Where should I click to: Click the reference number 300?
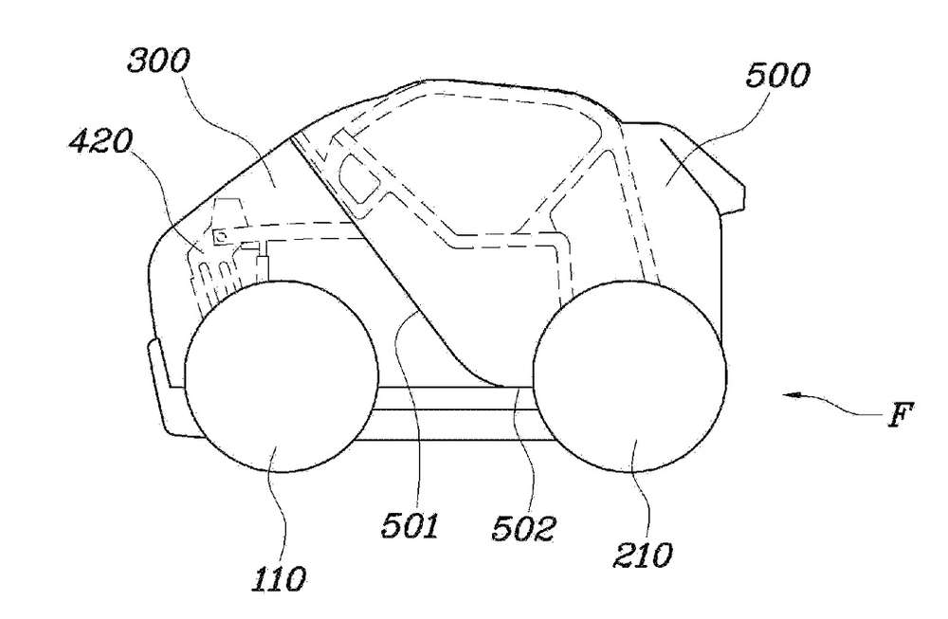pyautogui.click(x=158, y=62)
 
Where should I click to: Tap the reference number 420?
pyautogui.click(x=100, y=142)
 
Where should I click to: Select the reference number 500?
pyautogui.click(x=777, y=77)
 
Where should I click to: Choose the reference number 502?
pyautogui.click(x=523, y=529)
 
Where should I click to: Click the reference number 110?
pyautogui.click(x=279, y=580)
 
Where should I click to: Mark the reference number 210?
pyautogui.click(x=643, y=555)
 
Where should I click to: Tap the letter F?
pyautogui.click(x=901, y=415)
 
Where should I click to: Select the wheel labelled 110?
pyautogui.click(x=282, y=376)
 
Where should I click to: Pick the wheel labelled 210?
pyautogui.click(x=629, y=376)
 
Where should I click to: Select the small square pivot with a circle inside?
pyautogui.click(x=220, y=236)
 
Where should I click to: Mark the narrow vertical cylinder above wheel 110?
pyautogui.click(x=263, y=269)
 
